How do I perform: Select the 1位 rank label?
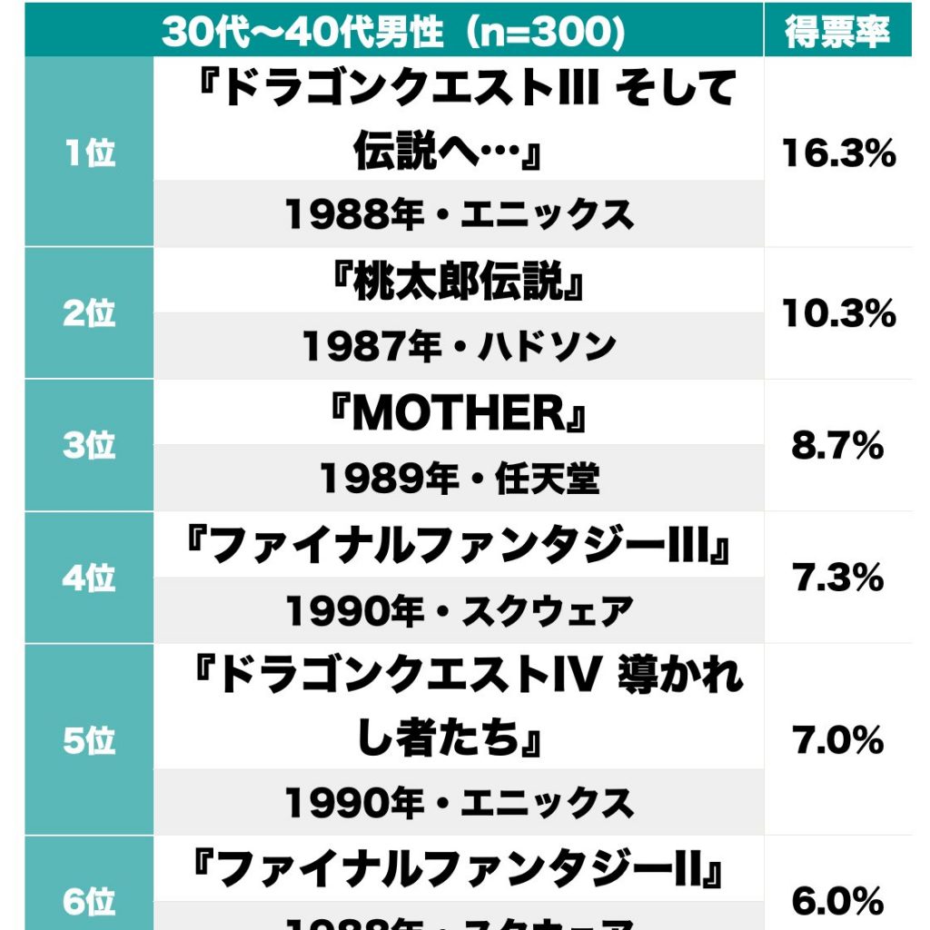coord(90,153)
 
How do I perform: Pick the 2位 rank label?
coord(90,313)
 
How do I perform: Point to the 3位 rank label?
coord(90,446)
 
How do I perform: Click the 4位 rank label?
coord(90,578)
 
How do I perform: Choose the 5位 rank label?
coord(90,741)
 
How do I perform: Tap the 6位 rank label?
coord(90,901)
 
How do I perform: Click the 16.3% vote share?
coord(838,154)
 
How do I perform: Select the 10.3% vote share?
coord(838,314)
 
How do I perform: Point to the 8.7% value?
coord(838,446)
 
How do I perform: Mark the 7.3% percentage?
coord(838,578)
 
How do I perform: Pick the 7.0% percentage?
coord(838,741)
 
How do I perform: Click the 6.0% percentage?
coord(838,901)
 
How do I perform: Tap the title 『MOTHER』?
coord(459,415)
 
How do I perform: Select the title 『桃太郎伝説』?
coord(459,283)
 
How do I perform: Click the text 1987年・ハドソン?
coord(459,346)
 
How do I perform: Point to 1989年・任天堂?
coord(459,479)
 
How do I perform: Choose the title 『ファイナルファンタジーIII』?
coord(459,547)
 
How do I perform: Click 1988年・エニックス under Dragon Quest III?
coord(459,214)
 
